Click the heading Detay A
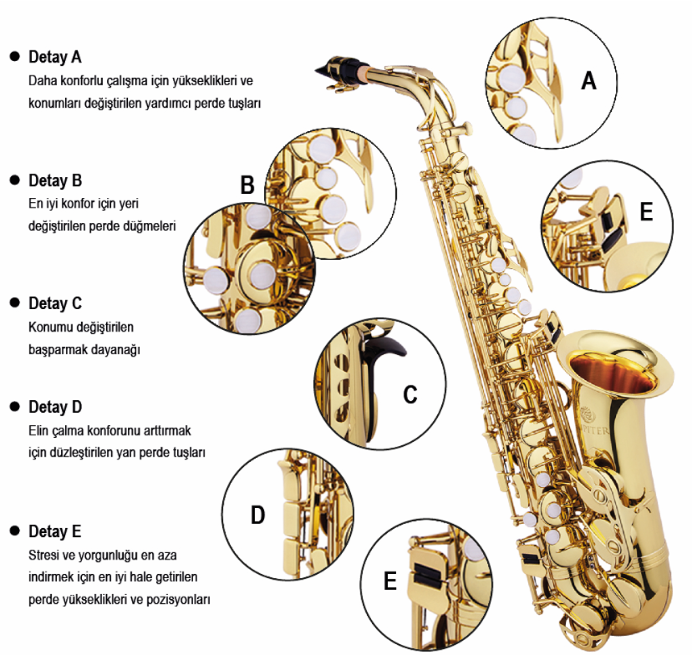pyautogui.click(x=54, y=57)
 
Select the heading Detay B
pyautogui.click(x=54, y=180)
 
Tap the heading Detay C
pyautogui.click(x=54, y=303)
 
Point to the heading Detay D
pyautogui.click(x=54, y=407)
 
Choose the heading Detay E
pyautogui.click(x=54, y=531)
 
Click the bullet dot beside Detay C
pyautogui.click(x=15, y=303)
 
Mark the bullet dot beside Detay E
pyautogui.click(x=15, y=531)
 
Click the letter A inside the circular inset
pyautogui.click(x=588, y=81)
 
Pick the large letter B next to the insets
pyautogui.click(x=247, y=185)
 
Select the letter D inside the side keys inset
pyautogui.click(x=257, y=515)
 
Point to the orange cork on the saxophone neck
pyautogui.click(x=364, y=74)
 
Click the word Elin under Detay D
pyautogui.click(x=38, y=430)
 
